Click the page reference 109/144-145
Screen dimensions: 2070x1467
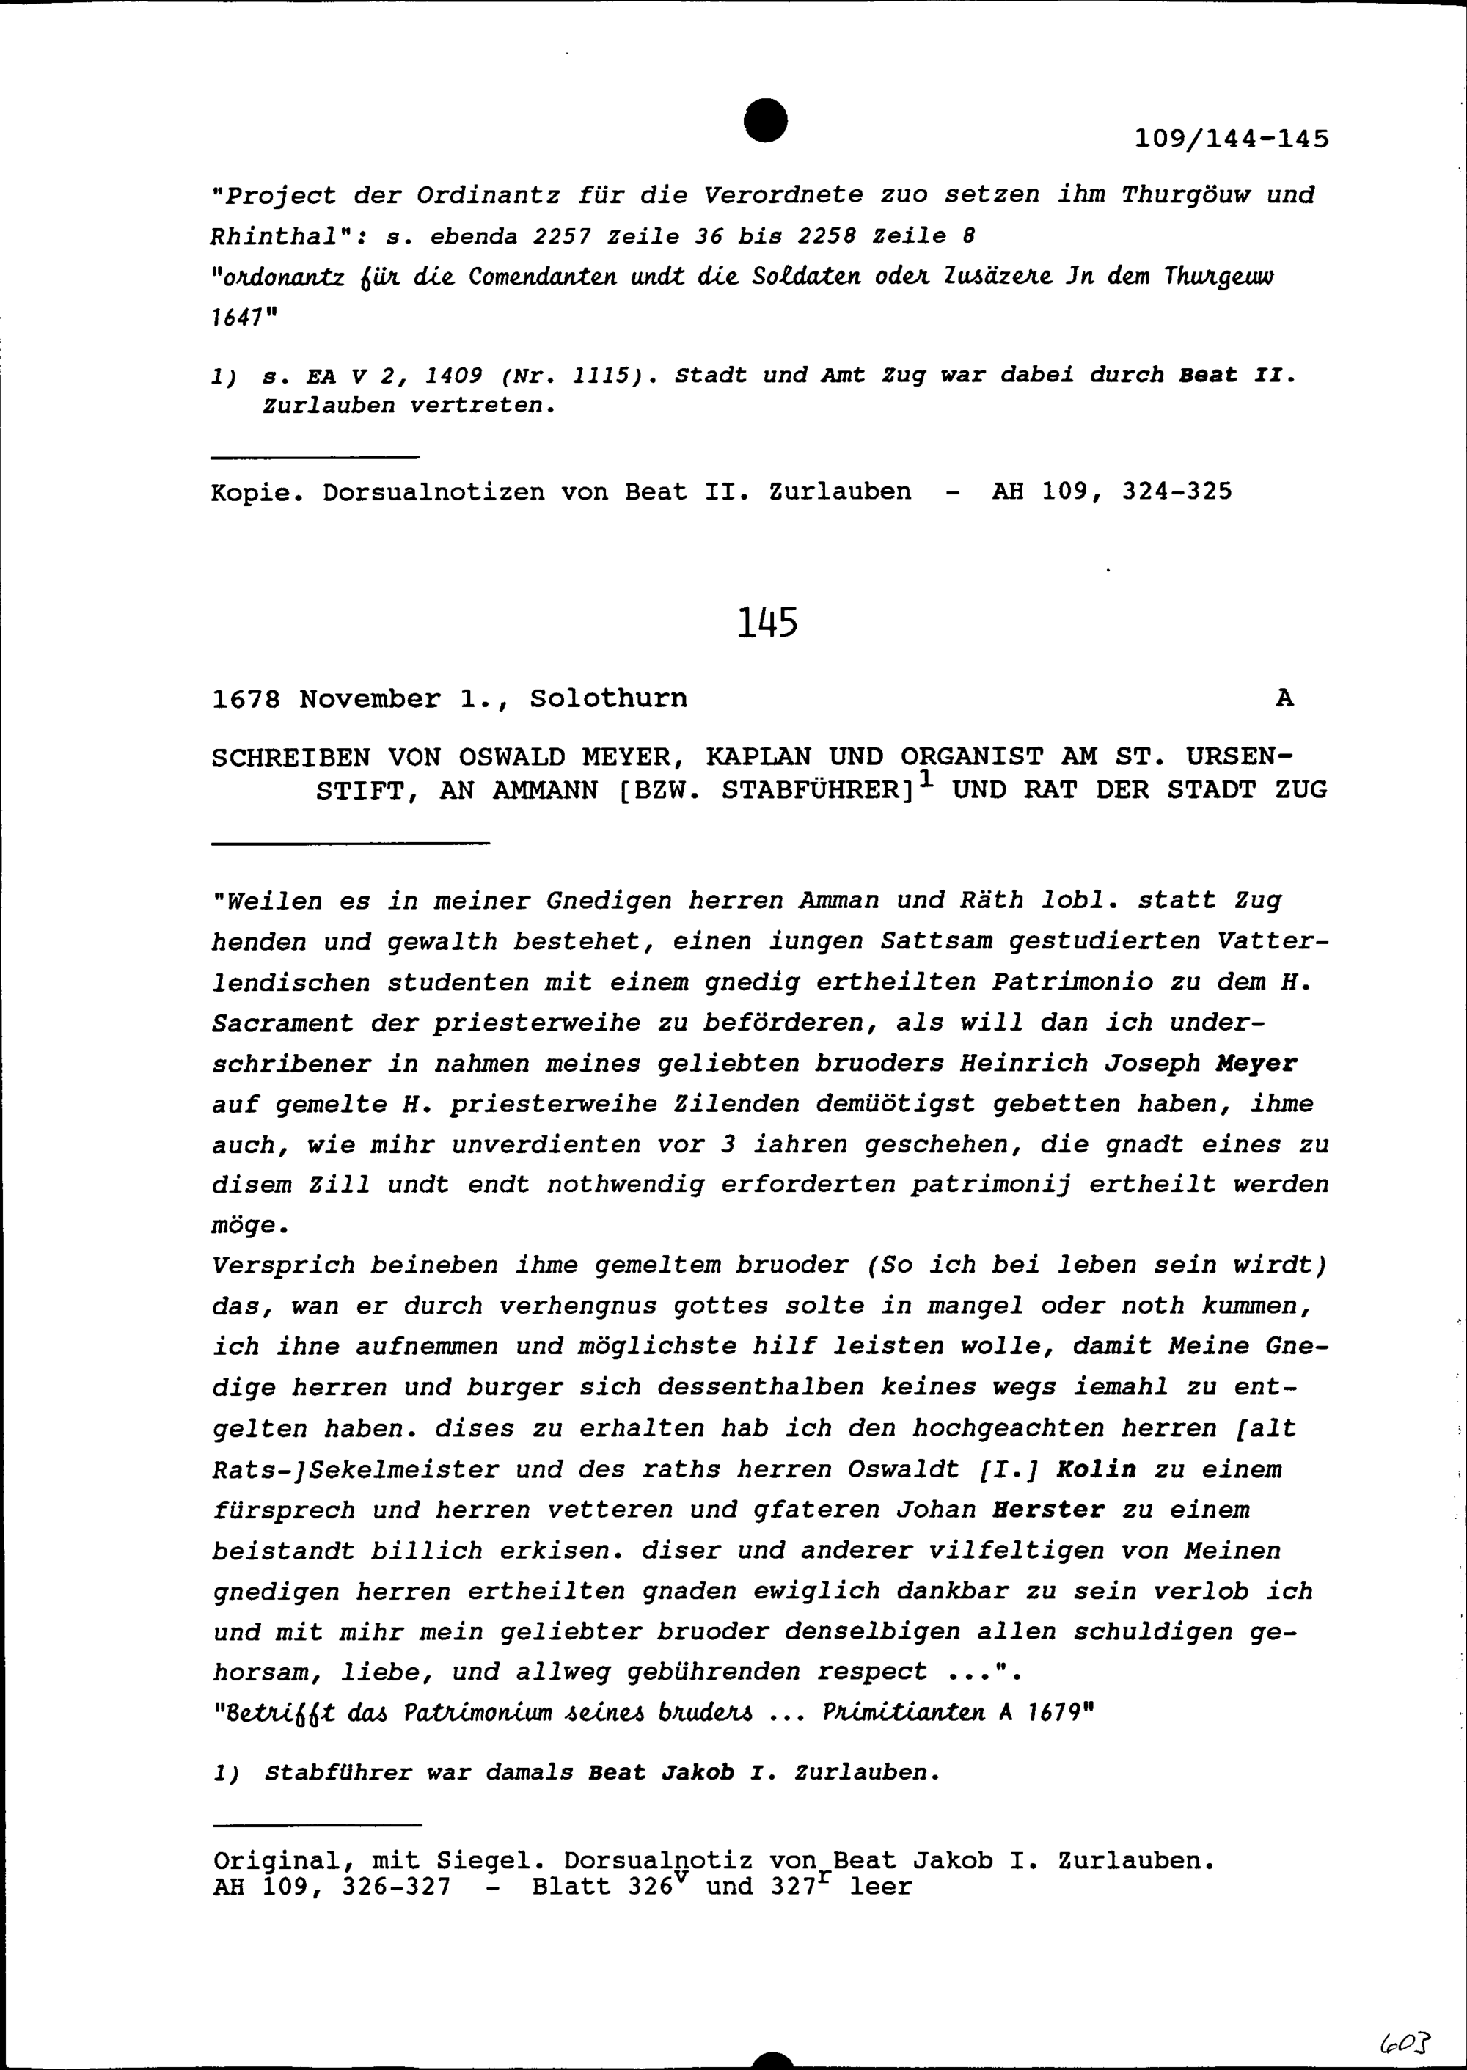(x=1232, y=139)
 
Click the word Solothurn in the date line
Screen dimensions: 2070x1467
(x=608, y=698)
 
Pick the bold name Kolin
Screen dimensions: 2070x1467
(x=1096, y=1469)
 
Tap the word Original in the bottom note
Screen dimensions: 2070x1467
(x=274, y=1862)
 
